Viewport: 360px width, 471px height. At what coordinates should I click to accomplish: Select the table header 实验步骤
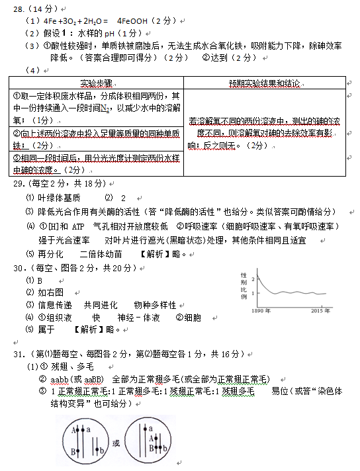pyautogui.click(x=96, y=83)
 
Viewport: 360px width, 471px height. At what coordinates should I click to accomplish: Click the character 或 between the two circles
pyautogui.click(x=116, y=443)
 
